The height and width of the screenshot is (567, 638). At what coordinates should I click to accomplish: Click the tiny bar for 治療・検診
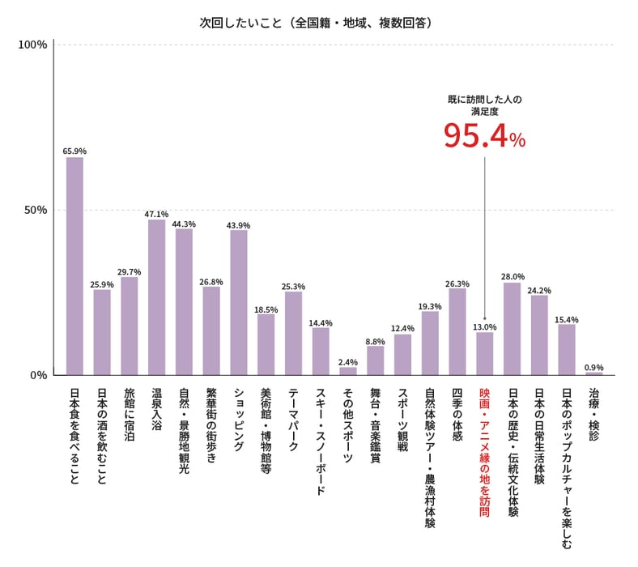tap(594, 373)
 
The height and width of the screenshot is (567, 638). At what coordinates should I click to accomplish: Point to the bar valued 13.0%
tap(485, 353)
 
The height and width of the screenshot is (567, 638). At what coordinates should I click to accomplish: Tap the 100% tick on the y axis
tap(32, 44)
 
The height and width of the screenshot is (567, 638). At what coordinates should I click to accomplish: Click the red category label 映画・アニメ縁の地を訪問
tap(485, 450)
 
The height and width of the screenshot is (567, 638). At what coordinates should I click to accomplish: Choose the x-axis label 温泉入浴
tap(156, 413)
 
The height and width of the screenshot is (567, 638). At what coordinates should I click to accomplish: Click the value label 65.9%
tap(74, 151)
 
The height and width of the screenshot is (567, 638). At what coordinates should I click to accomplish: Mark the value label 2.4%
tap(348, 361)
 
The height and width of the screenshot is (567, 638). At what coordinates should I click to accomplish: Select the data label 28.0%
tap(513, 276)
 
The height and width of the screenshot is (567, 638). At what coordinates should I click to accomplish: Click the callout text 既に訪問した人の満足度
tap(484, 105)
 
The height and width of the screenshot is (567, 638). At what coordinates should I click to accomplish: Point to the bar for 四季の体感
tap(457, 331)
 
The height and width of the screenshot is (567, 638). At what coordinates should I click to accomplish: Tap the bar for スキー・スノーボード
tap(321, 351)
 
